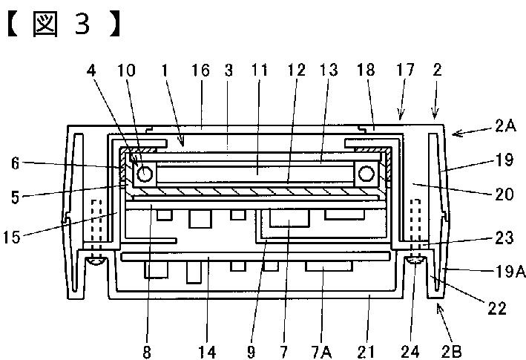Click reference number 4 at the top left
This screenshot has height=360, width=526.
coord(91,71)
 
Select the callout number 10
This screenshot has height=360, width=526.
coord(126,71)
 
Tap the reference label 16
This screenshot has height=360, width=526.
coord(200,71)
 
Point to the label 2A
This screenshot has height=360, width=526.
coord(505,126)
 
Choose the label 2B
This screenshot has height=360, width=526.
coord(452,351)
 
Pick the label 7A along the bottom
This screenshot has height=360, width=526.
coord(322,352)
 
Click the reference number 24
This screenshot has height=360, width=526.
coord(410,352)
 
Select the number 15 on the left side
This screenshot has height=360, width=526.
coord(12,238)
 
